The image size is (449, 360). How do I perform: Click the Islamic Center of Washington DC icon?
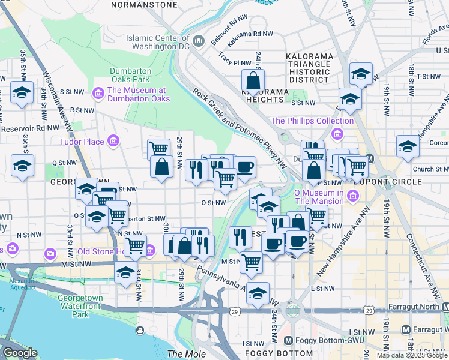coord(200,41)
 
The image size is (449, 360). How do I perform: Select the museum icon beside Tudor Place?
coord(112,142)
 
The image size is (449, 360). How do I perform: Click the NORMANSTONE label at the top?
coord(145,4)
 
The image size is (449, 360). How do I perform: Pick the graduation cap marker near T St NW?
coord(360,74)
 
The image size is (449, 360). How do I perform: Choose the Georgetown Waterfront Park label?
coord(81,306)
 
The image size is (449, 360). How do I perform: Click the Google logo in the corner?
coord(19,353)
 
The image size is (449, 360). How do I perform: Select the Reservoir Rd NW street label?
coord(30,128)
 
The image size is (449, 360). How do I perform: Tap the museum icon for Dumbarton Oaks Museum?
coord(97,94)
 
